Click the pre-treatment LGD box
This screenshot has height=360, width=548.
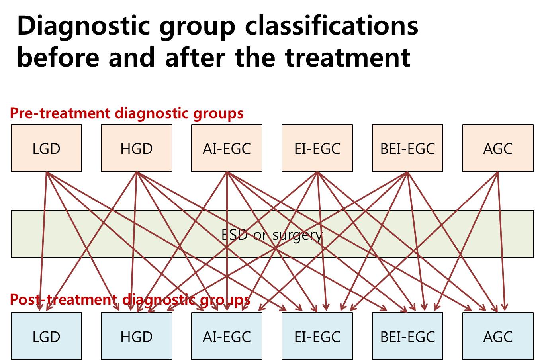(46, 148)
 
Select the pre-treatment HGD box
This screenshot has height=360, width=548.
(137, 148)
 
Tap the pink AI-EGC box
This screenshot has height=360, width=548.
(227, 148)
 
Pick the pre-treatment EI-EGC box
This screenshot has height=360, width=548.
(317, 148)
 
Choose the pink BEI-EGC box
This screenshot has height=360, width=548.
(407, 148)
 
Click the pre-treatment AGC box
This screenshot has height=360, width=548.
(498, 148)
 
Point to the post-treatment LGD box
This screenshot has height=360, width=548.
(46, 336)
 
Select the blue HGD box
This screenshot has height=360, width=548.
(137, 336)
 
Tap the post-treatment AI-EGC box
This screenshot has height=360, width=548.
(227, 336)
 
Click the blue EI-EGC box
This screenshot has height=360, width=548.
(317, 336)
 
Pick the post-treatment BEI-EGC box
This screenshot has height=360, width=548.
(407, 336)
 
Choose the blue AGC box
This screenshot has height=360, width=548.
(498, 336)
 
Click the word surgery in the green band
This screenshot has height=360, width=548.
(297, 236)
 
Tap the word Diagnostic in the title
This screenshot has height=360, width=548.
(83, 27)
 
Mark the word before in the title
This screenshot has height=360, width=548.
(58, 57)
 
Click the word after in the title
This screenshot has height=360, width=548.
(195, 57)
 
